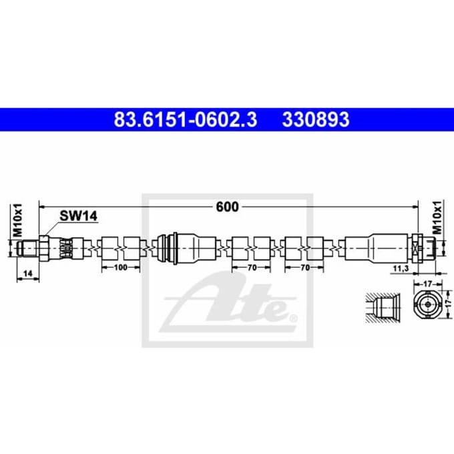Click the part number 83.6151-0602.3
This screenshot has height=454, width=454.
click(186, 120)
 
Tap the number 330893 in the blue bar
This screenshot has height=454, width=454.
click(316, 120)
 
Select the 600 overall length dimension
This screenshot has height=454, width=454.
click(227, 207)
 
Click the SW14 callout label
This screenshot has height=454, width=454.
click(79, 216)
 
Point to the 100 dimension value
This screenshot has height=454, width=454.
click(120, 267)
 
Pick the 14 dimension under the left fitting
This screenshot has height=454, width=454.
click(28, 274)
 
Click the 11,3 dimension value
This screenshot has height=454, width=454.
click(401, 268)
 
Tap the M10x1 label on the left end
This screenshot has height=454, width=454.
click(17, 220)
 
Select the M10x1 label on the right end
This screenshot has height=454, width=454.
click(437, 218)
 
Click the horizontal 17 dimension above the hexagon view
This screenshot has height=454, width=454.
click(428, 284)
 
